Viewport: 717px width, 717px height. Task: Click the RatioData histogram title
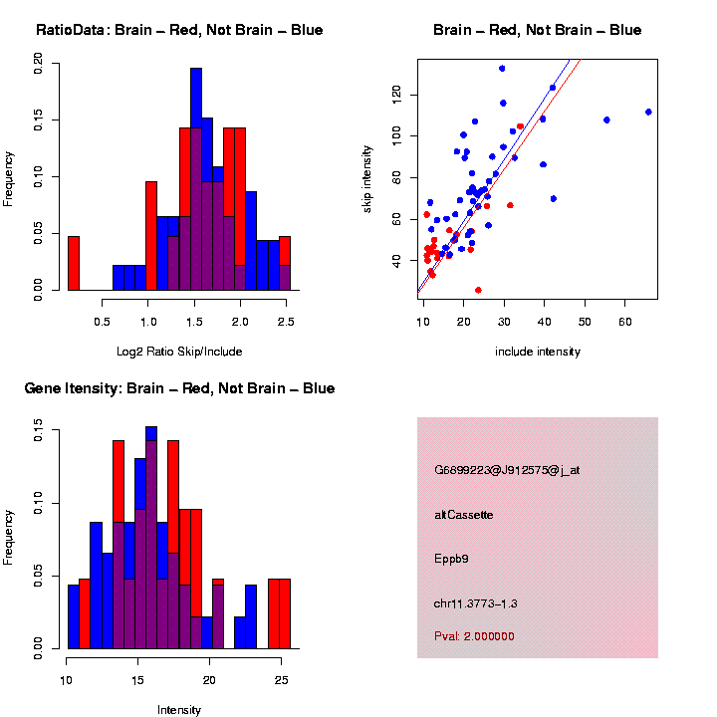[179, 30]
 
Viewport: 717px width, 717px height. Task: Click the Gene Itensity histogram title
[179, 388]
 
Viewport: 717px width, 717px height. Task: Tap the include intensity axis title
[537, 352]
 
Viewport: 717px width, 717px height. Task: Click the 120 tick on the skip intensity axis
[396, 95]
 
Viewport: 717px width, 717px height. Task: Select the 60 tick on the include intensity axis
[625, 322]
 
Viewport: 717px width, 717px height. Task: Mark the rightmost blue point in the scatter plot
[648, 112]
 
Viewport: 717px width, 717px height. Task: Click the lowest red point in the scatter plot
[478, 290]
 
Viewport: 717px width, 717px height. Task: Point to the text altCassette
[464, 515]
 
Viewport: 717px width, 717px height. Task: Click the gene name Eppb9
[451, 559]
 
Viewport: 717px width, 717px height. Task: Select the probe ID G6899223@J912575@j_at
[507, 470]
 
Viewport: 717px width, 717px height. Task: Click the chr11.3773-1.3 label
[476, 603]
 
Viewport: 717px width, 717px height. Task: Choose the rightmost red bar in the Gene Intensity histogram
[285, 613]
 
